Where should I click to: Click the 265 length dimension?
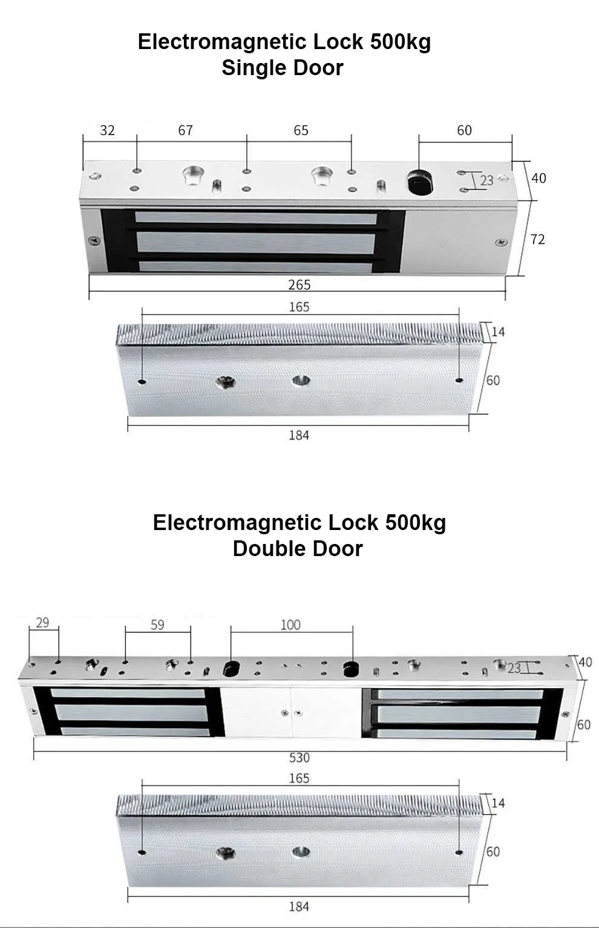[299, 284]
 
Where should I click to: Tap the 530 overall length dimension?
[299, 757]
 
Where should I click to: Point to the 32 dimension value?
[107, 130]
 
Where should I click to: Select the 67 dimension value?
[185, 130]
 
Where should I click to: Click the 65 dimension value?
[301, 130]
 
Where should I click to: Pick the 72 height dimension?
[537, 239]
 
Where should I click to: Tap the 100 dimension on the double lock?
[290, 625]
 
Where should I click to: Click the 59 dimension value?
[157, 625]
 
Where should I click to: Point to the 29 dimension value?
[42, 623]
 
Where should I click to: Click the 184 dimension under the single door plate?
[299, 435]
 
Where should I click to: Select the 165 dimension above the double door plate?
[299, 778]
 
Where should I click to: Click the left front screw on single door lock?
[94, 240]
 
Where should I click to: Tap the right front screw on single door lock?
[500, 242]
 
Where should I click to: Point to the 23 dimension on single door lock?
[486, 181]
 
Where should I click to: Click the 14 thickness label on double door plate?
[498, 803]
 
